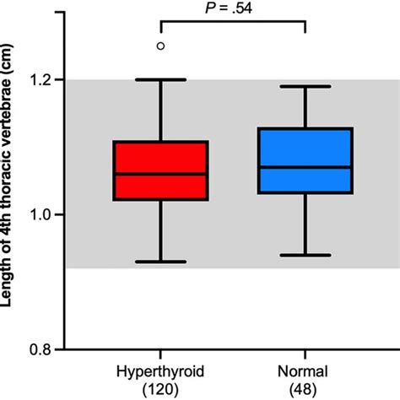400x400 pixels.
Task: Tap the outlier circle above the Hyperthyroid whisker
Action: [x=160, y=46]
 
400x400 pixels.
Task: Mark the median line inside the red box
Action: [x=160, y=174]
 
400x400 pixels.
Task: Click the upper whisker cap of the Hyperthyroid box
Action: [x=160, y=79]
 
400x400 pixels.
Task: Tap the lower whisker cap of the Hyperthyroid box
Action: [x=160, y=262]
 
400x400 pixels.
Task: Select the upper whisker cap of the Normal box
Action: [x=305, y=86]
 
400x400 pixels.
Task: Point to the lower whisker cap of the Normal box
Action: [x=305, y=255]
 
